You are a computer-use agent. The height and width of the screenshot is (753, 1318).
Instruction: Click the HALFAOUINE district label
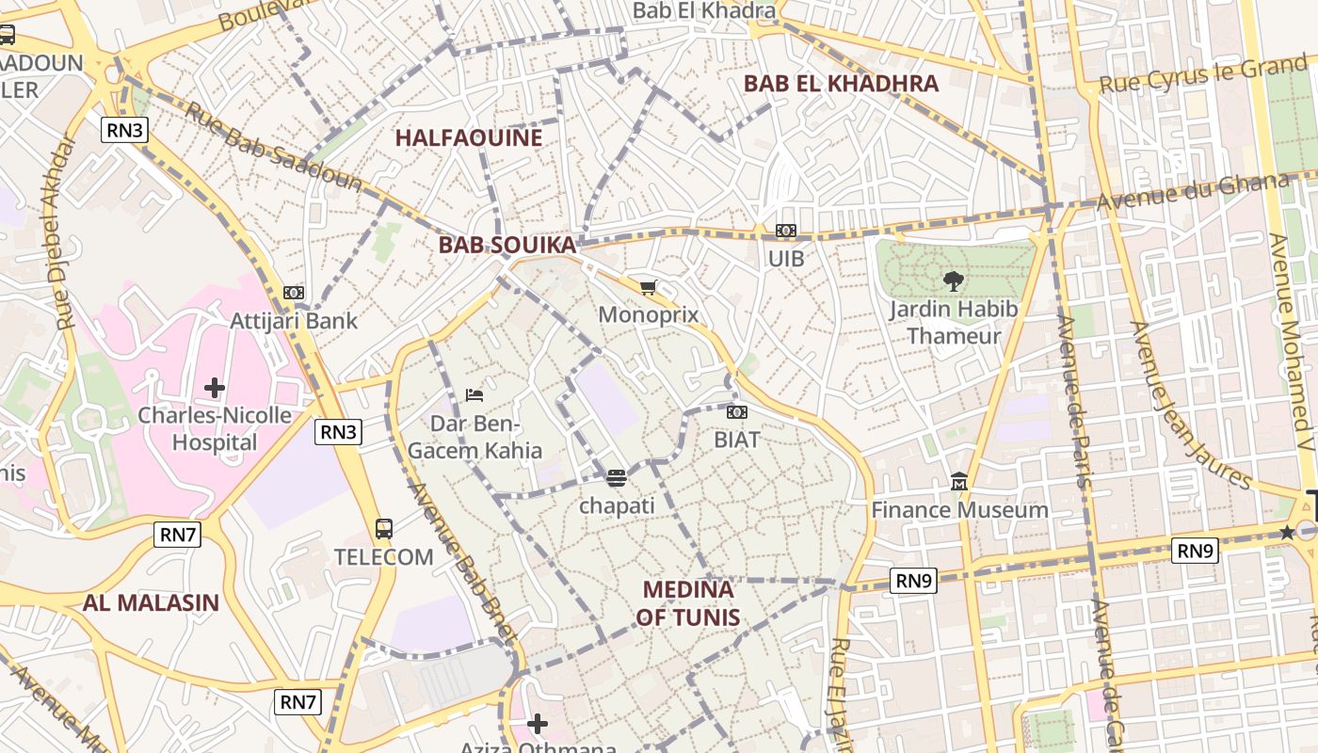click(468, 137)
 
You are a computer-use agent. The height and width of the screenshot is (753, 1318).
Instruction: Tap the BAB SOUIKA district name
click(506, 245)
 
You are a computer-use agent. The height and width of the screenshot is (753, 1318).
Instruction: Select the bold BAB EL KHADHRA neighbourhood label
click(841, 83)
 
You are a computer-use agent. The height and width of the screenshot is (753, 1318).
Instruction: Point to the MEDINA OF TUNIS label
click(687, 603)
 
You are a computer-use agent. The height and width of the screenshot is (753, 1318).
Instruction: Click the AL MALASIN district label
click(151, 603)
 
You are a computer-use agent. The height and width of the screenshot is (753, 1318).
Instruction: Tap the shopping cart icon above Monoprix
click(648, 287)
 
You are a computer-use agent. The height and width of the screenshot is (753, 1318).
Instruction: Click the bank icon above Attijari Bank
click(294, 293)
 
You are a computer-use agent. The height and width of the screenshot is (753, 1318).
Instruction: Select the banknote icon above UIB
click(786, 231)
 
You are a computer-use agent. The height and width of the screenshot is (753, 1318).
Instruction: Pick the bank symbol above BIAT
click(737, 411)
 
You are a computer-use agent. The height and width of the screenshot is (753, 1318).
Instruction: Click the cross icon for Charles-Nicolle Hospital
click(215, 387)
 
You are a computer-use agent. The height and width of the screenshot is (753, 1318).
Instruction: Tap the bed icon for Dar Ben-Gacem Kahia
click(474, 394)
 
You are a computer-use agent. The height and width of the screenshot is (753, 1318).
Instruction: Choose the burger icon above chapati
click(617, 478)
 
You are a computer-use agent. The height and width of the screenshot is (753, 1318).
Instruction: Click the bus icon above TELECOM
click(384, 528)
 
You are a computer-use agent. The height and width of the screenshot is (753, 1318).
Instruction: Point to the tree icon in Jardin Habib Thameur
click(953, 280)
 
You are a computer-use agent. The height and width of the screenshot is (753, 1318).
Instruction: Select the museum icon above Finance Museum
click(959, 482)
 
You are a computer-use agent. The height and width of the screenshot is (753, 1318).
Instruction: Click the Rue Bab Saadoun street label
click(273, 146)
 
